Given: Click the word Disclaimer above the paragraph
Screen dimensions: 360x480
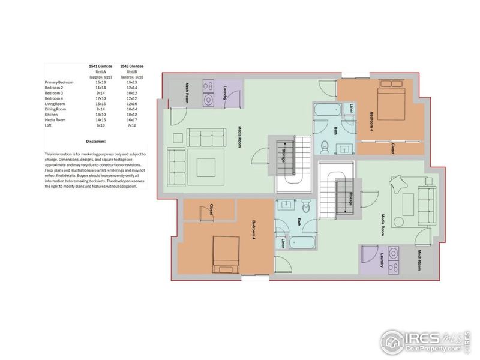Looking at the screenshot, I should click(x=95, y=142).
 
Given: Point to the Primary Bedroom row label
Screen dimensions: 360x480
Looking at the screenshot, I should click(x=59, y=81).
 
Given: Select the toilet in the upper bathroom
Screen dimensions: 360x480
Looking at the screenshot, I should click(x=324, y=146).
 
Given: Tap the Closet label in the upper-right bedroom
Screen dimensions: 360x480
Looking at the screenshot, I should click(x=391, y=148).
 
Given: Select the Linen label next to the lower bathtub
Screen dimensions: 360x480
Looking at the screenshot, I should click(x=283, y=244).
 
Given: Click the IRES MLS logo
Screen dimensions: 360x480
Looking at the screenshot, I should click(x=423, y=341).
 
